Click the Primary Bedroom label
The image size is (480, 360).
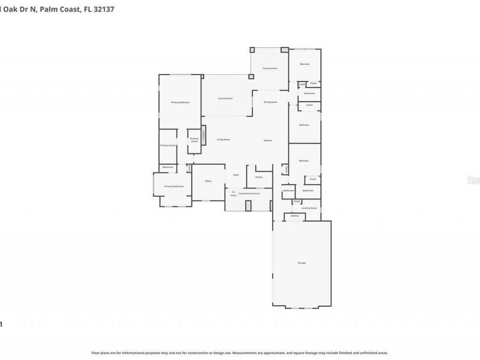[x=180, y=102]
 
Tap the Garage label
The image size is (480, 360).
[x=302, y=263]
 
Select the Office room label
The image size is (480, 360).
[x=209, y=181]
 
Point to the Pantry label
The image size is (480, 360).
[x=259, y=177]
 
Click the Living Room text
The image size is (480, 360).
[x=223, y=140]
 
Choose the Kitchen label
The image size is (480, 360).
[x=268, y=140]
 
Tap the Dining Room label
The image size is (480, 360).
[x=270, y=102]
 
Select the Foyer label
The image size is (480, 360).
[x=236, y=174]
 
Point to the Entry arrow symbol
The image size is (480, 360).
[x=233, y=192]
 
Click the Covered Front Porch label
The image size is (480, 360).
[x=250, y=193]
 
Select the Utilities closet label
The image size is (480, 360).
[x=294, y=216]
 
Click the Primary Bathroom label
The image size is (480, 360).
[x=174, y=186]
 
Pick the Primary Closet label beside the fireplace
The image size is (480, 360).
[x=194, y=140]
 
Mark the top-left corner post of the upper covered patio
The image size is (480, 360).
[x=252, y=50]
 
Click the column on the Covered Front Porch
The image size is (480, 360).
[x=249, y=205]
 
